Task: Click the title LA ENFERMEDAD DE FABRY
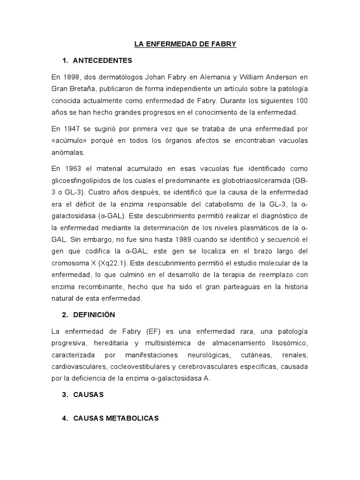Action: coord(185,45)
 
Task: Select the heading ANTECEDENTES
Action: coord(103,61)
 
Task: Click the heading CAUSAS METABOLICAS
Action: coord(116,418)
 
